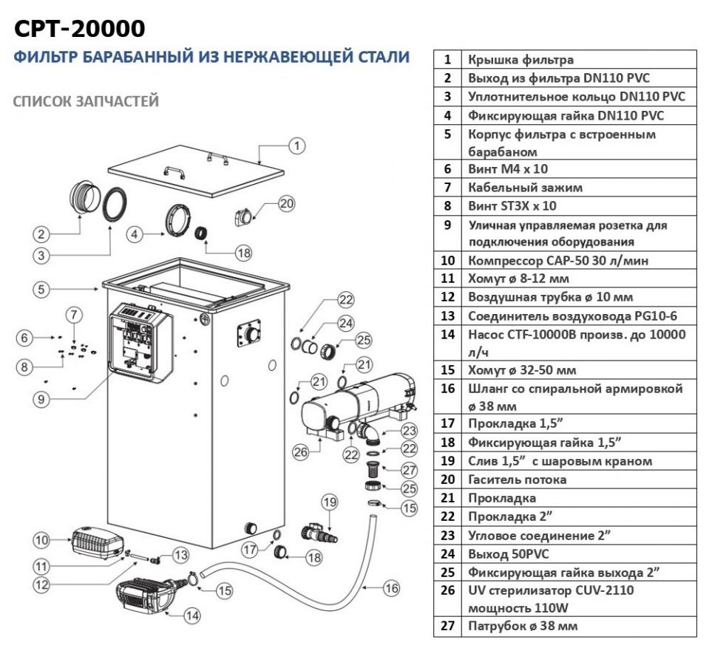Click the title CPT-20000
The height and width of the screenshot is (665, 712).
coord(80,28)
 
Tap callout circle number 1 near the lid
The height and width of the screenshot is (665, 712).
coord(296,146)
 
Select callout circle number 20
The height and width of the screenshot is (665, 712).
coord(286,203)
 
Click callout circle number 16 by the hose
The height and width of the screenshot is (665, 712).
coord(391,588)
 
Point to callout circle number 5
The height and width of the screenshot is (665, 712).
coord(43,290)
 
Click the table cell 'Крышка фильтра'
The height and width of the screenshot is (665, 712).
coord(521,60)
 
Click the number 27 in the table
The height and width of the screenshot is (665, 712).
coord(447,626)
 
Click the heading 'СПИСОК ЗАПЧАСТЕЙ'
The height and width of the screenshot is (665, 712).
coord(86,101)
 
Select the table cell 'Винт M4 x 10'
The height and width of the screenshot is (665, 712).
coord(507,169)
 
